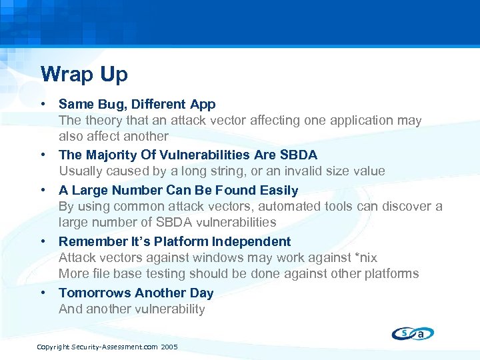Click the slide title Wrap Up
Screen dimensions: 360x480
point(83,74)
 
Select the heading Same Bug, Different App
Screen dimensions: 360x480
point(137,104)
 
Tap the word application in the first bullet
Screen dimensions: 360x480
point(355,121)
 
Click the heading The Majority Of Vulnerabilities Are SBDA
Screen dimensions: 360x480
point(187,155)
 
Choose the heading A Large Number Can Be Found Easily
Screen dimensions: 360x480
point(178,190)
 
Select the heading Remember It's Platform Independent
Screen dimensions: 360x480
point(175,241)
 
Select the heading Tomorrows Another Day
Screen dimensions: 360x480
point(136,293)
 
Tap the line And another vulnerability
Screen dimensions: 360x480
point(131,309)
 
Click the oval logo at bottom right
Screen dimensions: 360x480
point(413,333)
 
